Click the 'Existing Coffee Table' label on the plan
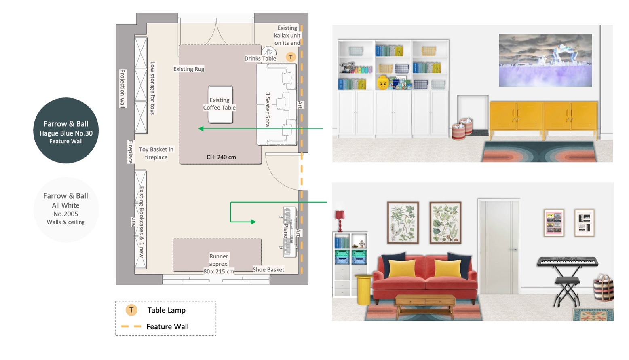tap(220, 104)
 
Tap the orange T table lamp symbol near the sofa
tap(291, 57)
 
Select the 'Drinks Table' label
tap(260, 59)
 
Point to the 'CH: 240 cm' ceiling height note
tap(221, 157)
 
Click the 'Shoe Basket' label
tap(268, 269)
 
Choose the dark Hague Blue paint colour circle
tap(66, 130)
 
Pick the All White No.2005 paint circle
tap(66, 210)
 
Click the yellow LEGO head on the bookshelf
tap(382, 83)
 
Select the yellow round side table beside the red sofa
tap(364, 290)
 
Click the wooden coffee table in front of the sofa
tap(425, 306)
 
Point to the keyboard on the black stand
tap(568, 261)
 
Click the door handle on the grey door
tap(514, 249)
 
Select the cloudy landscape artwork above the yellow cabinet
tap(545, 60)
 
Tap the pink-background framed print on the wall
tap(554, 222)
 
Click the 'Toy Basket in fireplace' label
tap(156, 153)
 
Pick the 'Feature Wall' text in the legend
tap(167, 326)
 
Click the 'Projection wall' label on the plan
tap(123, 89)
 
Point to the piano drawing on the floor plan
tap(289, 232)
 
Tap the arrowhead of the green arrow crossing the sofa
tap(201, 129)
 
